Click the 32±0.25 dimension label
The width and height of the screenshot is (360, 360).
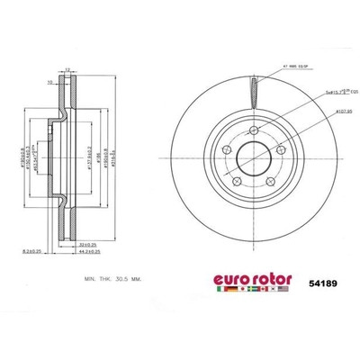(87, 242)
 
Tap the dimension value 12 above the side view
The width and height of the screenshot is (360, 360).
(67, 67)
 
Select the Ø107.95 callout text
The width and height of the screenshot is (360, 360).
(318, 112)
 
